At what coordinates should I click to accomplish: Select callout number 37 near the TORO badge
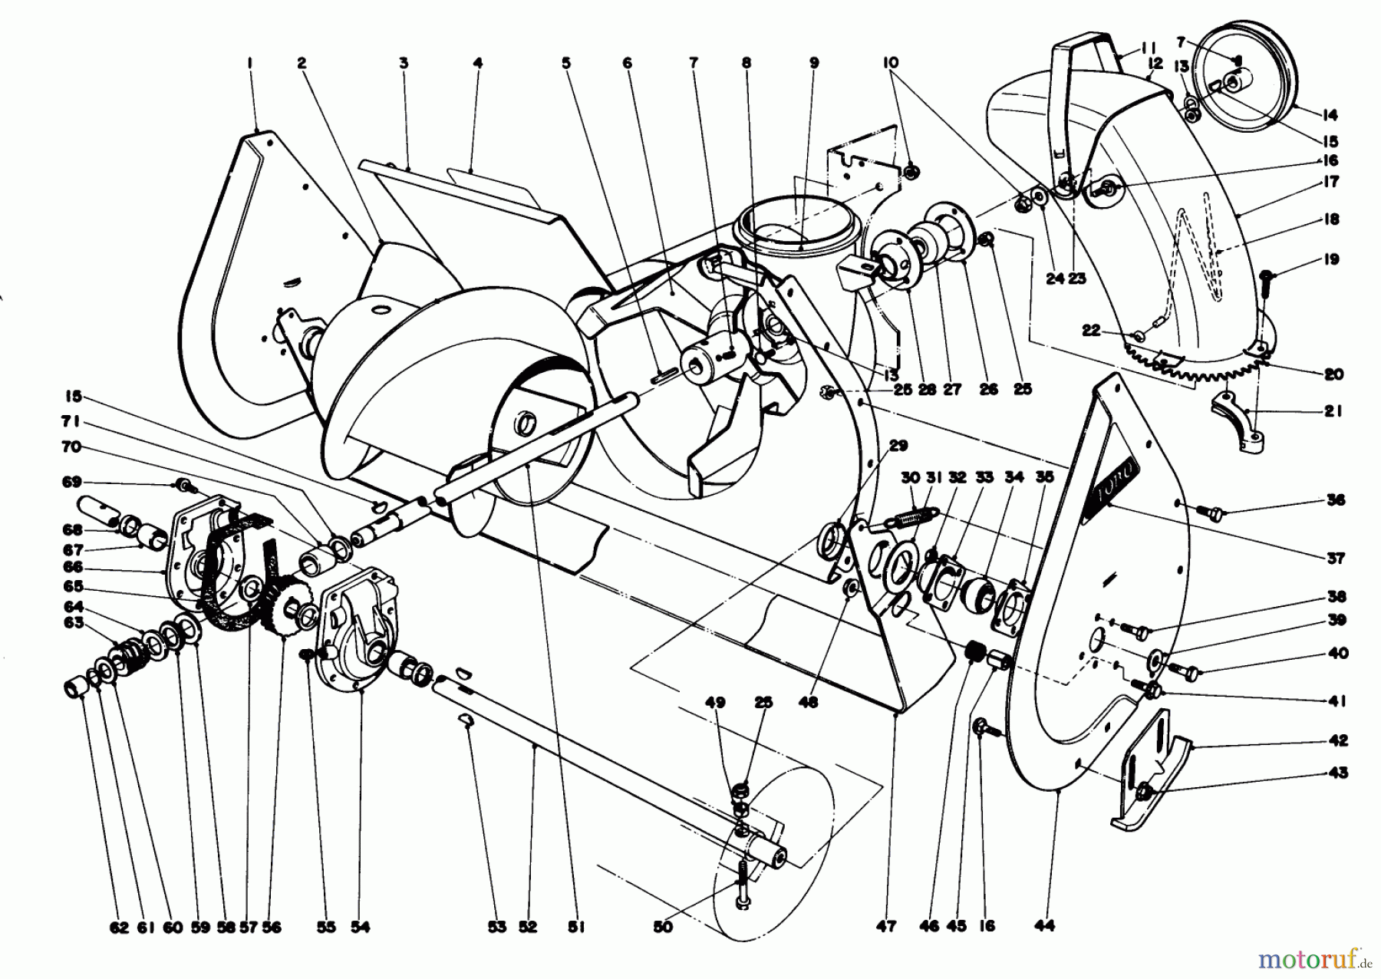tap(1336, 558)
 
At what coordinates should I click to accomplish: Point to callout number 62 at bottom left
tap(118, 928)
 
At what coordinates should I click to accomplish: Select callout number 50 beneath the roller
tap(663, 928)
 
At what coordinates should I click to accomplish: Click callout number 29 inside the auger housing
tap(899, 445)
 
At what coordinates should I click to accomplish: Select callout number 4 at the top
tap(478, 63)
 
